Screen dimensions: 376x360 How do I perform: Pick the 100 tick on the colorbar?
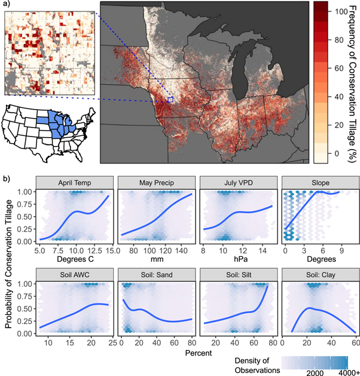tap(339, 11)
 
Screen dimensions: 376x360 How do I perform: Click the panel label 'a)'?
tap(5, 4)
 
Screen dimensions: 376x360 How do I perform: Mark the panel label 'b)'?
tap(5, 178)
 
